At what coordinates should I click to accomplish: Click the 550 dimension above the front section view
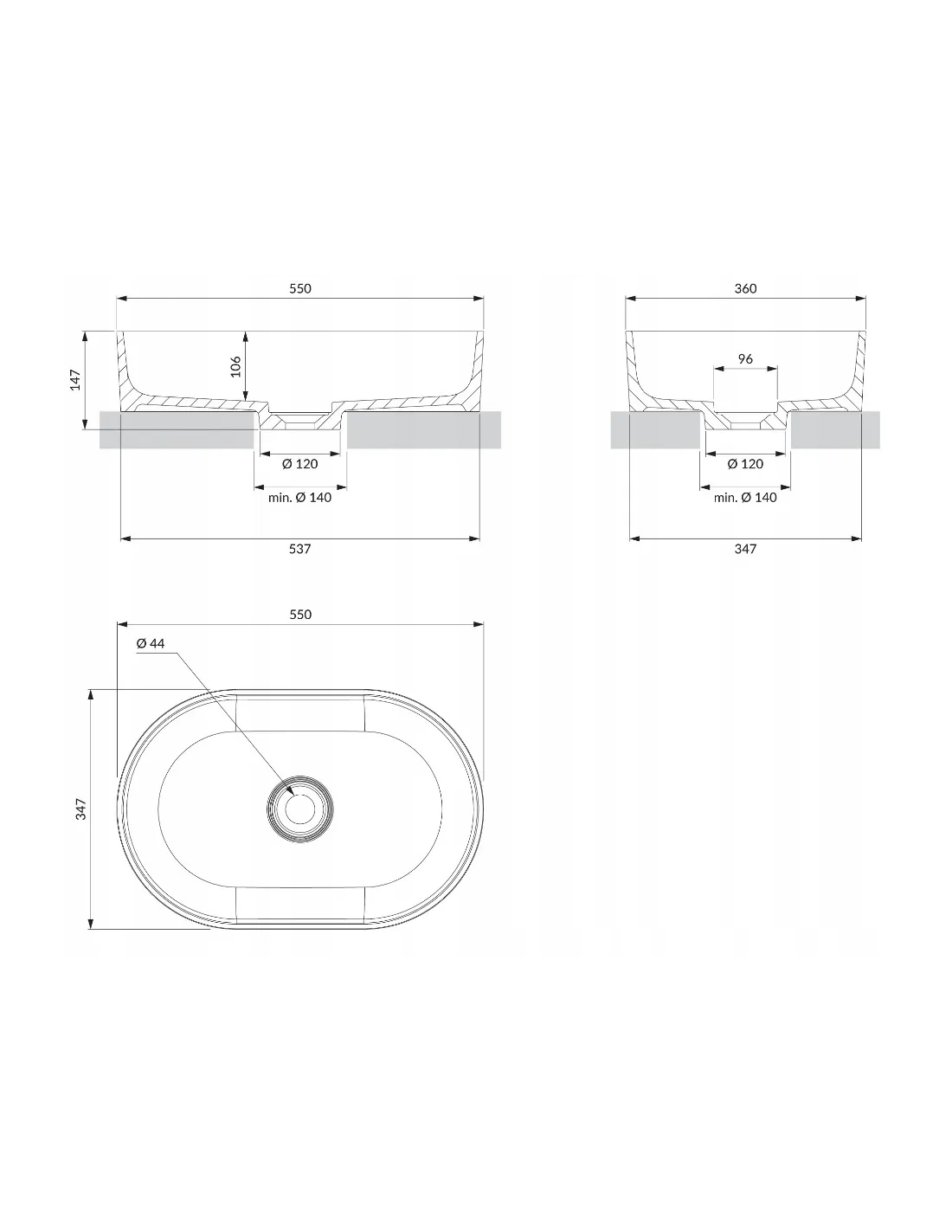[300, 288]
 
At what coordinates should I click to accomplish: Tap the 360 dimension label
[745, 288]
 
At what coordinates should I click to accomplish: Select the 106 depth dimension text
[236, 366]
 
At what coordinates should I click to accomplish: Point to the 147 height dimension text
[75, 379]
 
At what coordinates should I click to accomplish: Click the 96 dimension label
[745, 358]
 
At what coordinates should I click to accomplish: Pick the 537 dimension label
[299, 548]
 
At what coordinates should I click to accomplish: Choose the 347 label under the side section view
[745, 548]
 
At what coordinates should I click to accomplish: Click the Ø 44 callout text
[151, 643]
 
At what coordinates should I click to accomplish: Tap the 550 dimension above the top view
[300, 614]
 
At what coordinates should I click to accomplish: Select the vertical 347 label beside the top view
[81, 809]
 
